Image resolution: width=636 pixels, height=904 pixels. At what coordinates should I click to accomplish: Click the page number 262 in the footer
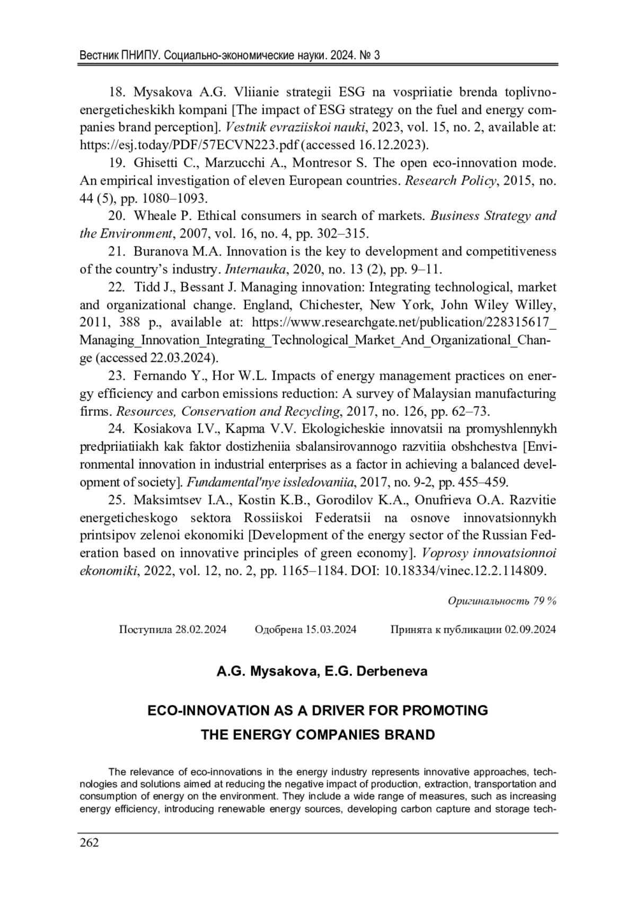(89, 842)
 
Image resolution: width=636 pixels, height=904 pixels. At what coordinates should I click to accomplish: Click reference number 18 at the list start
(117, 92)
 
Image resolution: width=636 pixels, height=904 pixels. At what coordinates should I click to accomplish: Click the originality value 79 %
(545, 601)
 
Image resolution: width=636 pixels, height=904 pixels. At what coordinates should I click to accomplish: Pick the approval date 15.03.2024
(331, 629)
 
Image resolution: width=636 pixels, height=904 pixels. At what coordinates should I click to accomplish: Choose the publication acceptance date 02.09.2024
(530, 629)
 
